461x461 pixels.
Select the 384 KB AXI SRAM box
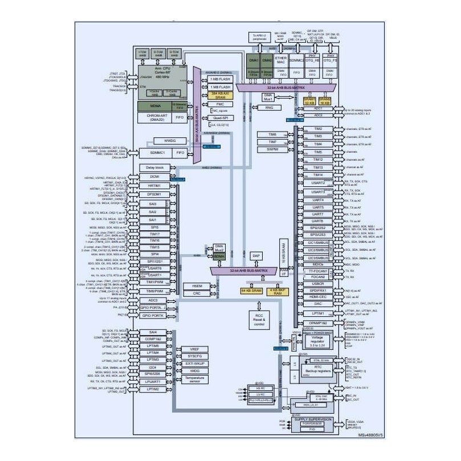pyautogui.click(x=221, y=95)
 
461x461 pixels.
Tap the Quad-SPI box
pyautogui.click(x=220, y=117)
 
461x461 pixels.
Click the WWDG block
pyautogui.click(x=170, y=140)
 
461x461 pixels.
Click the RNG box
pyautogui.click(x=270, y=107)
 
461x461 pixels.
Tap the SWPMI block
pyautogui.click(x=273, y=149)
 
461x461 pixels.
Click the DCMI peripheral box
pyautogui.click(x=153, y=177)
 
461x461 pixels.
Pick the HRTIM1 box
pyautogui.click(x=153, y=186)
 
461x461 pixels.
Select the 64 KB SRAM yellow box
pyautogui.click(x=251, y=291)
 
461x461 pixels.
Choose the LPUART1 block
pyautogui.click(x=153, y=381)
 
